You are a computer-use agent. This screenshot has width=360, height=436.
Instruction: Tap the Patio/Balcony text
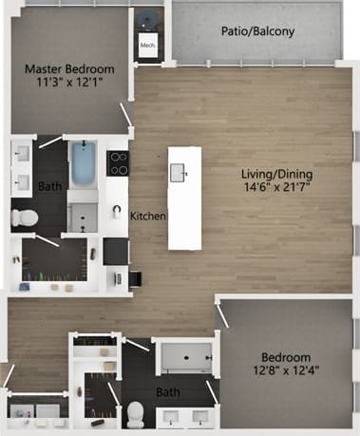tap(257, 30)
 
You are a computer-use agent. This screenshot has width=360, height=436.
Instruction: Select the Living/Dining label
tap(277, 174)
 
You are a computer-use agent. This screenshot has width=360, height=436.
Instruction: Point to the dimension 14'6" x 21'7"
tap(277, 188)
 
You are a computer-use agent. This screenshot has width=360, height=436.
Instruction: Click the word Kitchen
tap(148, 217)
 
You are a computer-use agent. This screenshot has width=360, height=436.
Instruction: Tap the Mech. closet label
tap(147, 45)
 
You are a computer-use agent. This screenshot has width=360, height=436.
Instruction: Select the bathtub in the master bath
tap(85, 164)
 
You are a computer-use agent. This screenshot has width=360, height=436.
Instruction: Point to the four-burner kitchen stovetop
tap(118, 163)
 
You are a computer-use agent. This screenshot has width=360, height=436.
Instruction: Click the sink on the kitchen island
tap(178, 171)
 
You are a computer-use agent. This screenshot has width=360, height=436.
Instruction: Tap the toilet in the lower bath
tap(137, 411)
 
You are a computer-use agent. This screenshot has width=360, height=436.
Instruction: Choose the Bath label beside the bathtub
tap(48, 187)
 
